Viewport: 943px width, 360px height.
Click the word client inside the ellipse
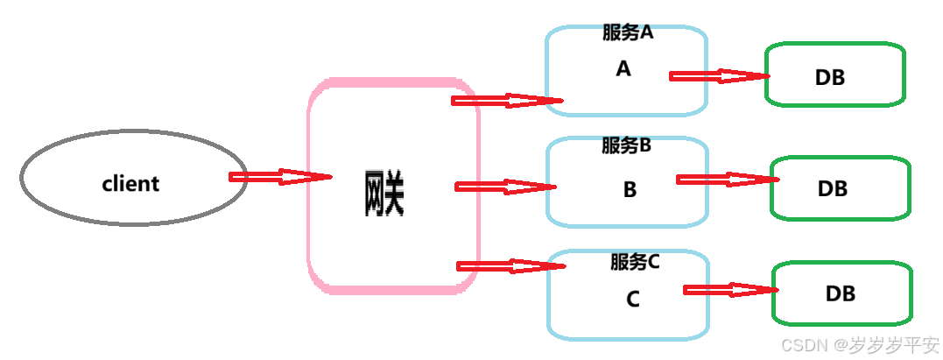point(130,184)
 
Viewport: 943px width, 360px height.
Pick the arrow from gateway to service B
point(505,187)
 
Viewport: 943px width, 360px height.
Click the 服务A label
point(628,33)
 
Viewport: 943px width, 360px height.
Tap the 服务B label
point(626,146)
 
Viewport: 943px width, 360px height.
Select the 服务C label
point(635,261)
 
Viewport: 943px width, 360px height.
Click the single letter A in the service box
point(623,68)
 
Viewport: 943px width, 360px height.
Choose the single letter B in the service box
point(630,189)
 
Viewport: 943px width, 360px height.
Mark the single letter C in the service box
point(633,299)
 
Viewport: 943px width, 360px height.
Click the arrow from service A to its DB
point(719,76)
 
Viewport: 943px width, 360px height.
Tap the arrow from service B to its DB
point(727,180)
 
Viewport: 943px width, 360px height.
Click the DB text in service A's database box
point(830,77)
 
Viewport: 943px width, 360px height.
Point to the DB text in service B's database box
point(833,188)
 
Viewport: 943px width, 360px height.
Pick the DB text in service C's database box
point(840,293)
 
